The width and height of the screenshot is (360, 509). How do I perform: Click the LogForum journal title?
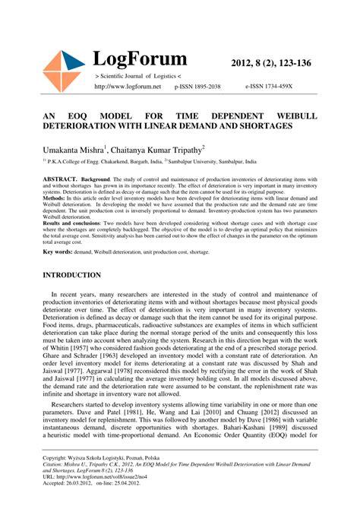click(x=140, y=59)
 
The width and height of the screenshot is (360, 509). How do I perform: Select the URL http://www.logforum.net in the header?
click(x=128, y=87)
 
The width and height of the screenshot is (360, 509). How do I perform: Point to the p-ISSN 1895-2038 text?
click(x=197, y=87)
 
